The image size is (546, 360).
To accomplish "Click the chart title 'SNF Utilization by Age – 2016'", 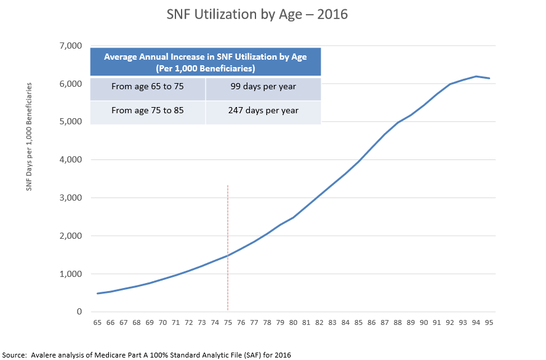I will (257, 14).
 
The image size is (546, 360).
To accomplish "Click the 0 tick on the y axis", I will (79, 312).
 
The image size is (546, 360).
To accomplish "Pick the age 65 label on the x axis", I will (97, 322).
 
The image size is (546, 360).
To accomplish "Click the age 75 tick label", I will (228, 322).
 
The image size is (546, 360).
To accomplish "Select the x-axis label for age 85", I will (359, 322).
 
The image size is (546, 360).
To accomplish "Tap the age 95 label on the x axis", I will (489, 322).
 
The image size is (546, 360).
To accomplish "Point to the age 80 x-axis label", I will (294, 322).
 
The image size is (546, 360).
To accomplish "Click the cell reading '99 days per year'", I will (263, 87).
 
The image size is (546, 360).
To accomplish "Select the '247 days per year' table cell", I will (263, 111).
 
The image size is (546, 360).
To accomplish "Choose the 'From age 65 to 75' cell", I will (148, 87).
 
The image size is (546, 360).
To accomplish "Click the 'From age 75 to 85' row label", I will (148, 111).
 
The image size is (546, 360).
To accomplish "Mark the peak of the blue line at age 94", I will (476, 76).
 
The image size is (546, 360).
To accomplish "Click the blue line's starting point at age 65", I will (97, 294).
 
